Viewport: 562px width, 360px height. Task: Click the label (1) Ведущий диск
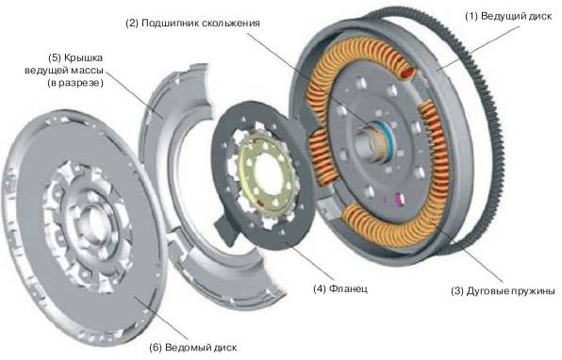click(508, 16)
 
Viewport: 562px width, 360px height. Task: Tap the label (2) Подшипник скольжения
click(192, 24)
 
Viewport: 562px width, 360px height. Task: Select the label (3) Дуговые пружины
click(503, 291)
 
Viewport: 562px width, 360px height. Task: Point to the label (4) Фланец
click(340, 288)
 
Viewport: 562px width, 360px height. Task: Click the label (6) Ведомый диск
click(192, 348)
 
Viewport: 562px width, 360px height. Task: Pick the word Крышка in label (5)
click(83, 58)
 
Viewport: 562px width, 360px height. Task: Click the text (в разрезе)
click(75, 83)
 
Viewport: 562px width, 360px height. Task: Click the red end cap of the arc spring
click(407, 74)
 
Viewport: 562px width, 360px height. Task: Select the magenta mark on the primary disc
click(399, 199)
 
